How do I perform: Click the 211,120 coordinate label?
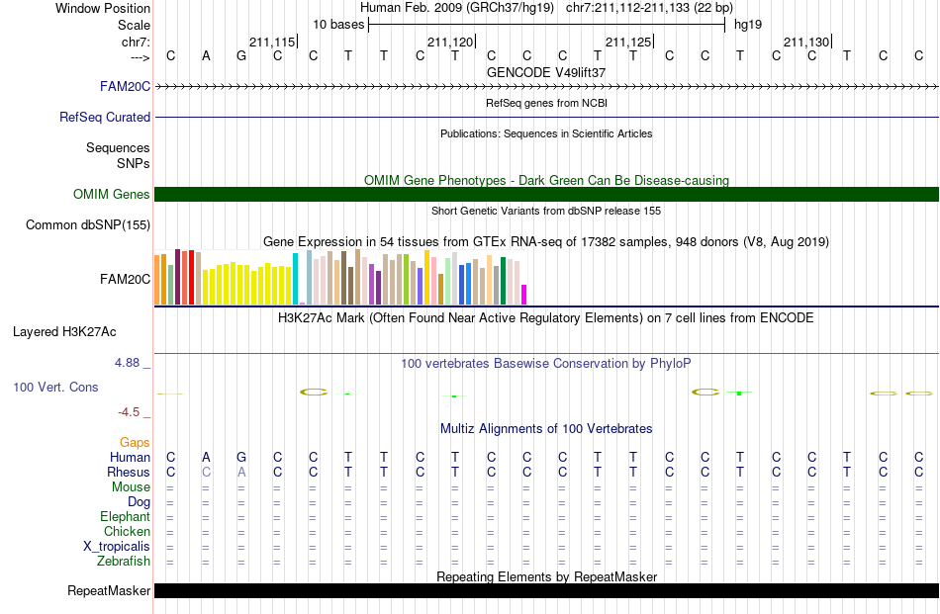(x=450, y=42)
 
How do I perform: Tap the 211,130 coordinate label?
(x=806, y=42)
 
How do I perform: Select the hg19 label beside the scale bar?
(x=748, y=25)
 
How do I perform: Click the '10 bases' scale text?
(x=338, y=25)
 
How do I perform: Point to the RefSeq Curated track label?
(x=105, y=118)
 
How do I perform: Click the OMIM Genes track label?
(x=112, y=194)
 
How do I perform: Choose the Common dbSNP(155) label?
(x=88, y=225)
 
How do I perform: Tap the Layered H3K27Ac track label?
(x=64, y=332)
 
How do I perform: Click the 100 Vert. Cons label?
(x=55, y=387)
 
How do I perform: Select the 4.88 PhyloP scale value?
(x=127, y=363)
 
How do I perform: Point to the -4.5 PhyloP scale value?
(x=129, y=412)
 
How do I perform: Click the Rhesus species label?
(x=129, y=472)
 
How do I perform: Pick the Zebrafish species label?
(x=124, y=562)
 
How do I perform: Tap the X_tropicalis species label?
(x=117, y=547)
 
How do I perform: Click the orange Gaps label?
(x=135, y=443)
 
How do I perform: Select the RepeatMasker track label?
(x=109, y=591)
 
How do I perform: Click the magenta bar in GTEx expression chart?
(x=524, y=295)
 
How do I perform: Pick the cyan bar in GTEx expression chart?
(x=295, y=279)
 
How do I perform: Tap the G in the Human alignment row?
(x=241, y=457)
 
